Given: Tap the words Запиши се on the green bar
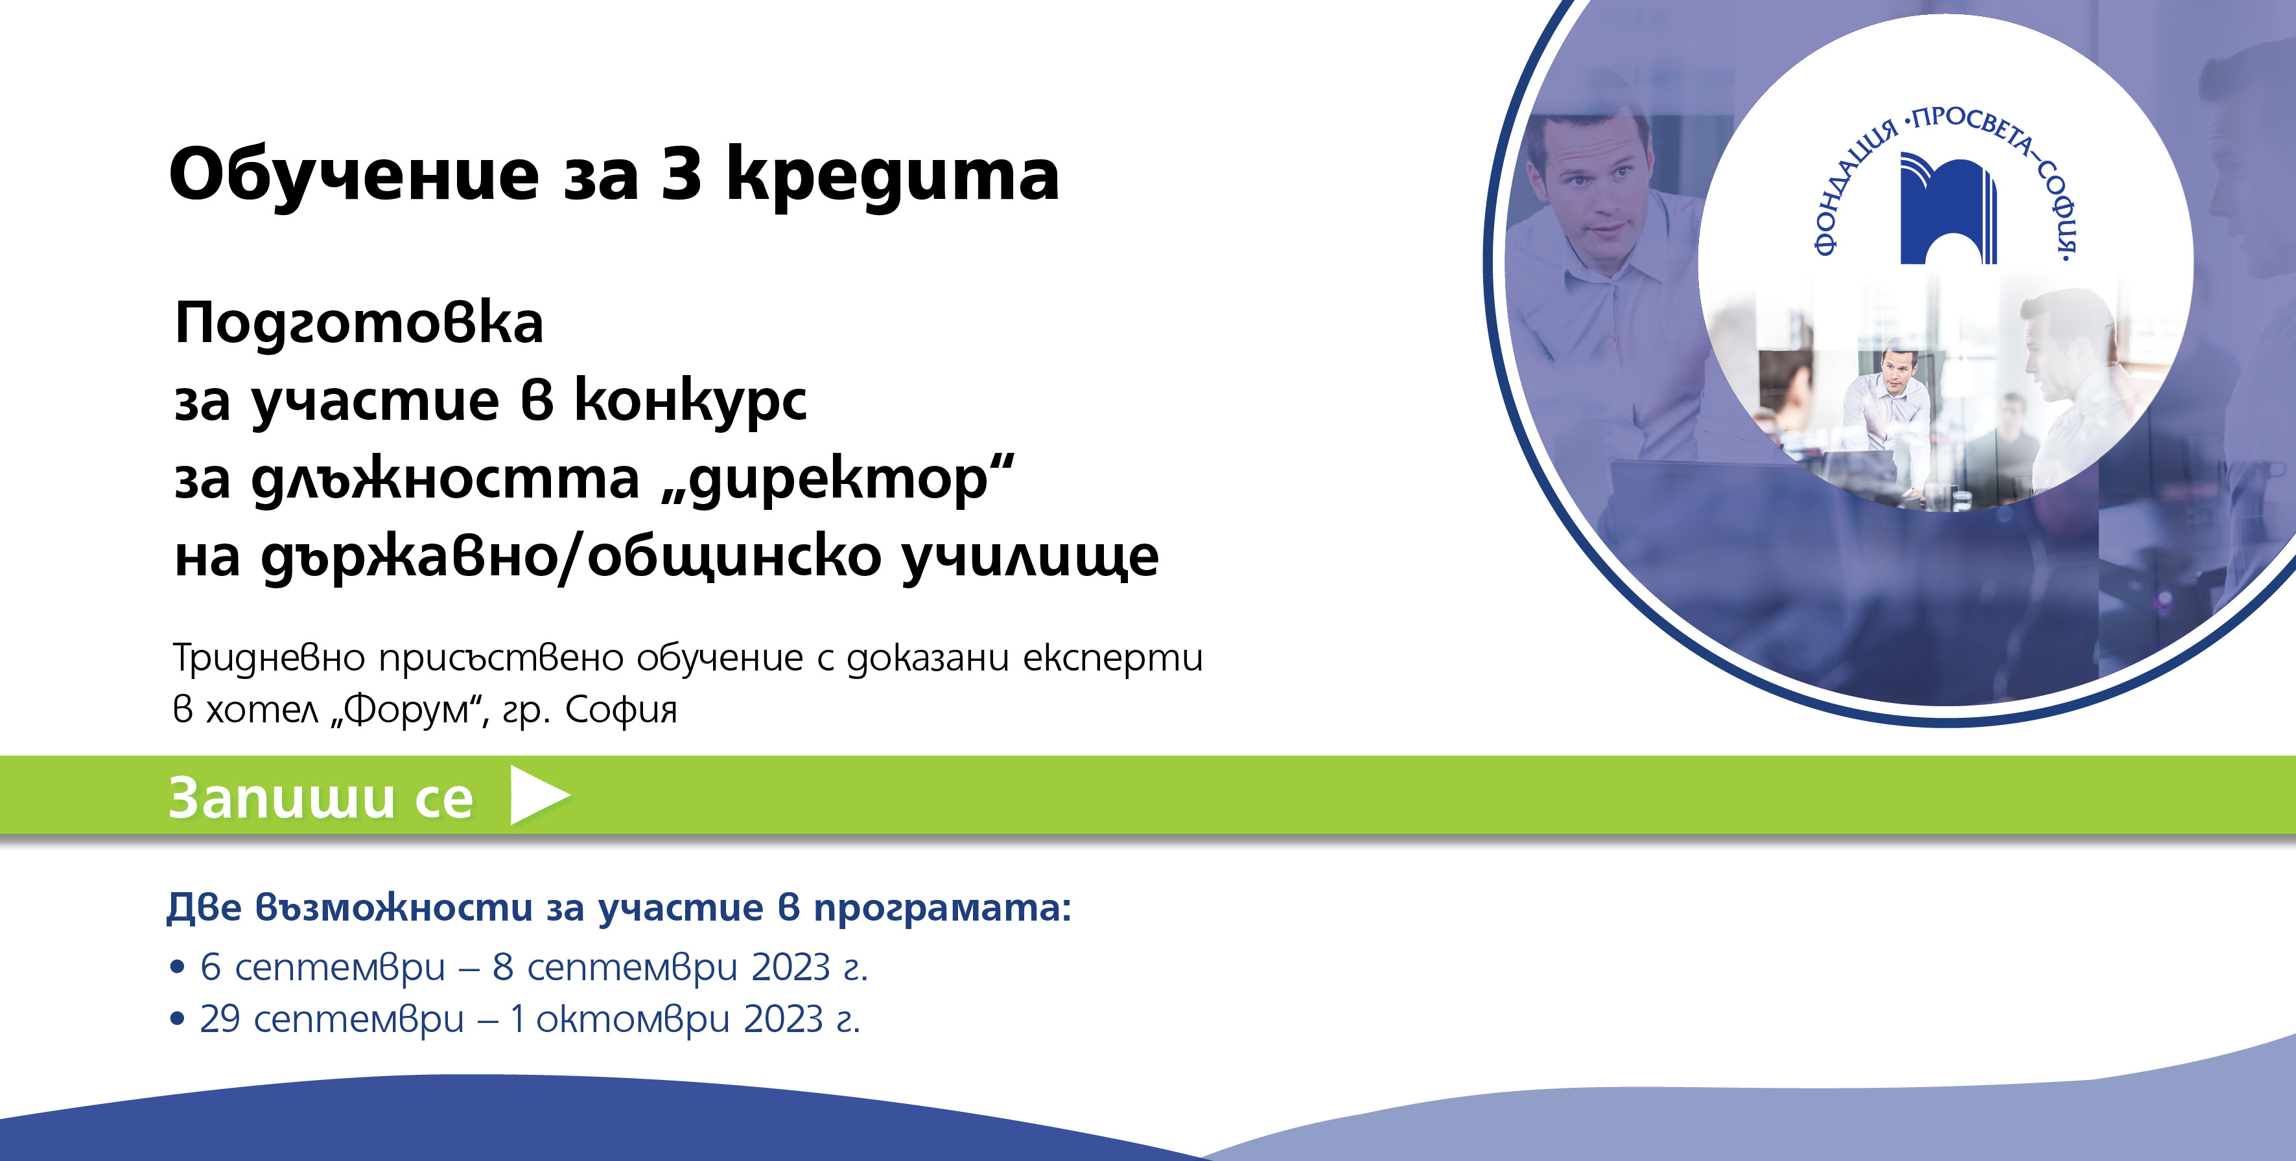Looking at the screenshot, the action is (321, 797).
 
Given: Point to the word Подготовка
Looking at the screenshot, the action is (359, 323).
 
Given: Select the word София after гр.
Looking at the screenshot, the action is (621, 710).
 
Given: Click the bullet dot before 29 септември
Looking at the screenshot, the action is (178, 1018).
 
